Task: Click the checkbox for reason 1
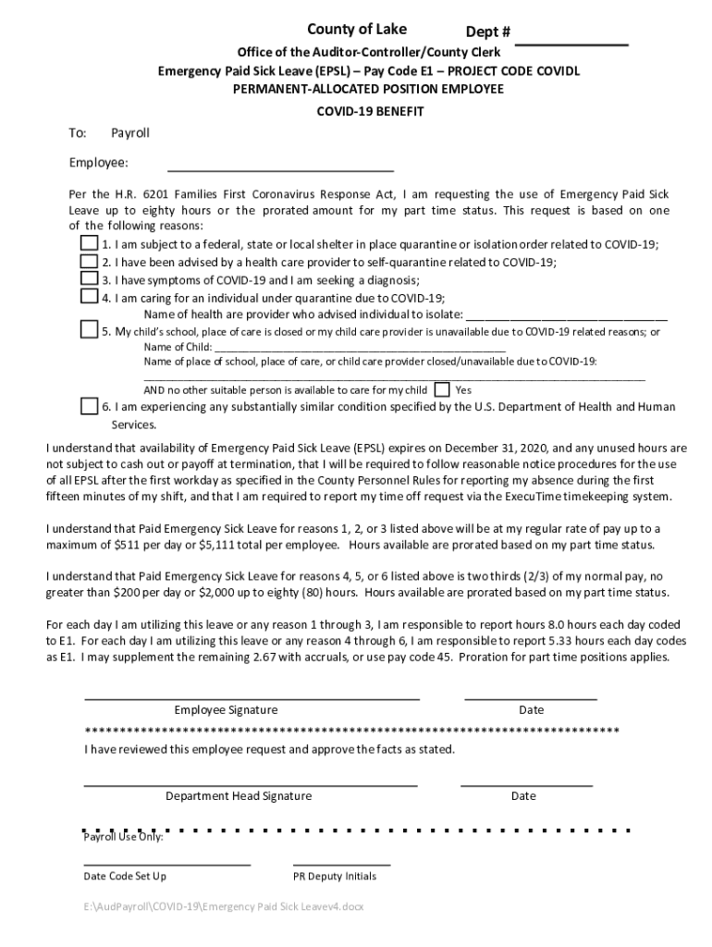[x=89, y=243]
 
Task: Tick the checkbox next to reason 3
[x=89, y=278]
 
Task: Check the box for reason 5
[x=89, y=329]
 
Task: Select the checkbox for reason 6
[x=89, y=406]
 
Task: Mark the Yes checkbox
[x=443, y=389]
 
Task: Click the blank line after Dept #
[x=571, y=43]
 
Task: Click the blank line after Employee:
[x=279, y=170]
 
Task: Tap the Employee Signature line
[x=252, y=698]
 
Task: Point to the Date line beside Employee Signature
[x=530, y=698]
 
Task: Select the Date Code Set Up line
[x=166, y=864]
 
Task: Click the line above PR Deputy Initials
[x=341, y=864]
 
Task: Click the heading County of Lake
[x=357, y=30]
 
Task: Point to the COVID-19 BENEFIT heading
[x=356, y=111]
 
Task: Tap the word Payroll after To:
[x=130, y=134]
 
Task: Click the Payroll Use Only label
[x=123, y=837]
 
